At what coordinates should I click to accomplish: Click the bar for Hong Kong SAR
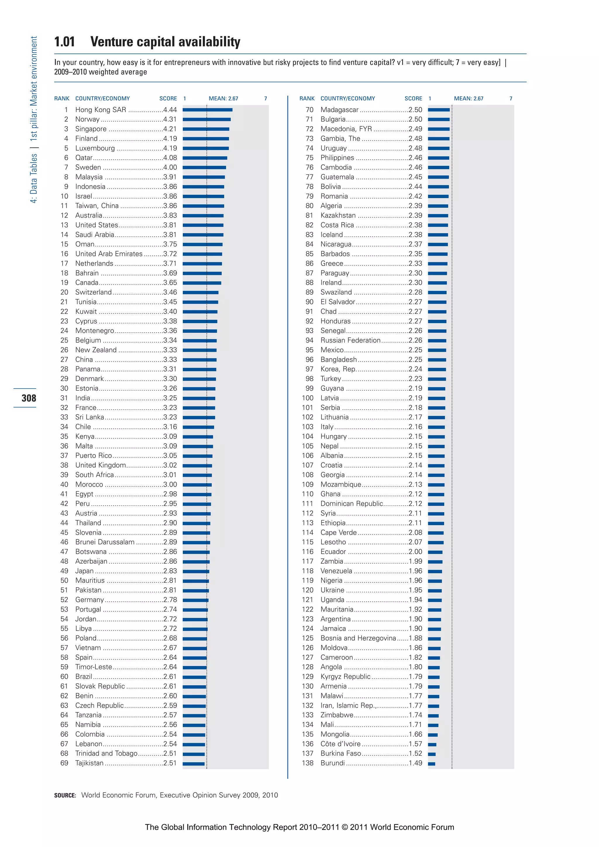point(207,110)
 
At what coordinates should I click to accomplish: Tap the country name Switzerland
point(93,292)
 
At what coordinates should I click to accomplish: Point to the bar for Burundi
point(431,764)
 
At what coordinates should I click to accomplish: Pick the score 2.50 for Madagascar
point(415,110)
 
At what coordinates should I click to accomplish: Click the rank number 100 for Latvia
point(307,398)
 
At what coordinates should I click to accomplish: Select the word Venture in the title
point(112,42)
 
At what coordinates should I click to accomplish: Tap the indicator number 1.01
point(65,42)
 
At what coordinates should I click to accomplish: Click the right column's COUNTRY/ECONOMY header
point(348,99)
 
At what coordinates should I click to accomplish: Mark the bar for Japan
point(196,571)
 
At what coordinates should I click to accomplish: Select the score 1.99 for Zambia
point(415,561)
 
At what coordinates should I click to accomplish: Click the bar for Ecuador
point(435,552)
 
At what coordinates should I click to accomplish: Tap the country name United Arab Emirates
point(109,254)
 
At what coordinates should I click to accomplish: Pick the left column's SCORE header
point(168,99)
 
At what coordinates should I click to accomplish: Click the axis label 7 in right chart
point(511,99)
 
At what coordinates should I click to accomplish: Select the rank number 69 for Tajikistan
point(64,763)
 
